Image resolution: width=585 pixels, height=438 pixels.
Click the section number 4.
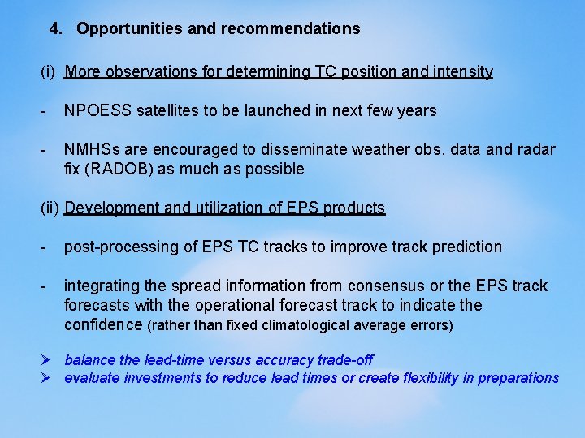[x=55, y=29]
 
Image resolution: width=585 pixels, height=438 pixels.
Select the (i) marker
[x=48, y=72]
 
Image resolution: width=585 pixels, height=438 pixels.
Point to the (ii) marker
[x=50, y=208]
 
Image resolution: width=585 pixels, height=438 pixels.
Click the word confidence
[x=103, y=325]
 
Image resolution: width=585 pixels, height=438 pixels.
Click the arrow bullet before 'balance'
[x=47, y=359]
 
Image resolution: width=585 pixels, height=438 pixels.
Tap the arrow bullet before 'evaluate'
[x=47, y=377]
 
